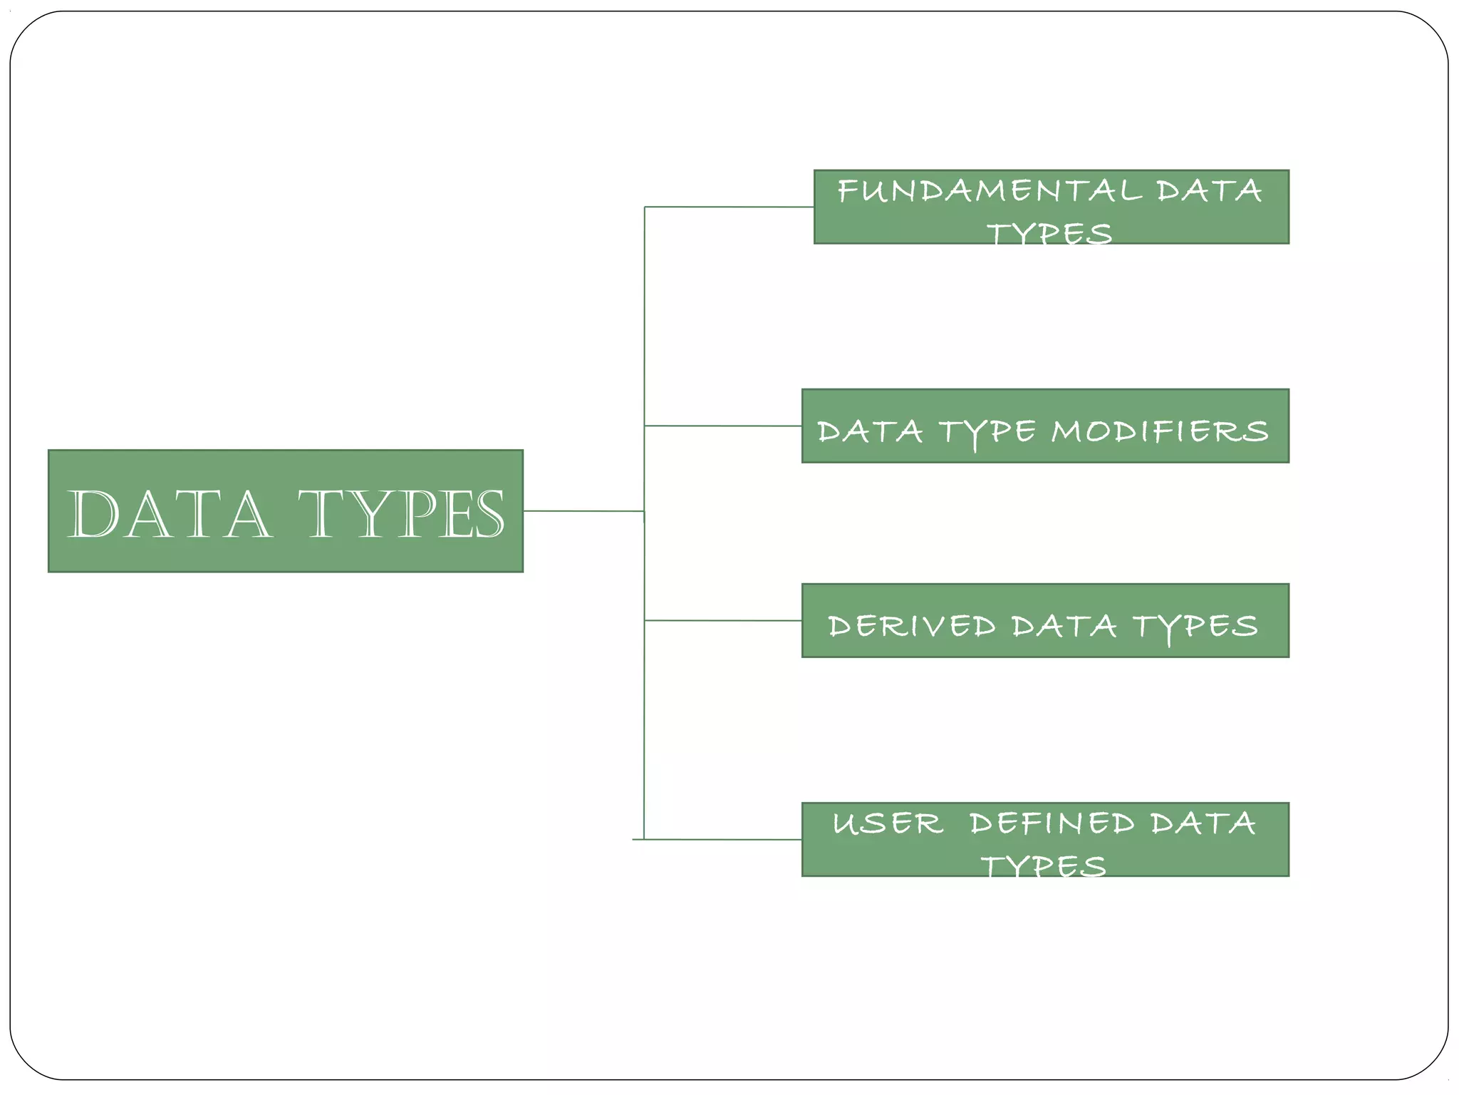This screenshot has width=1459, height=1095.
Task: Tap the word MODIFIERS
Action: [1160, 431]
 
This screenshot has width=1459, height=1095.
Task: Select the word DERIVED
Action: [912, 626]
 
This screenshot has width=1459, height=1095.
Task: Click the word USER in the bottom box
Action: [888, 823]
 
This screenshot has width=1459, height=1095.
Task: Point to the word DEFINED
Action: [1052, 823]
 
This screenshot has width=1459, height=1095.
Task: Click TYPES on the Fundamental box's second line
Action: [1049, 233]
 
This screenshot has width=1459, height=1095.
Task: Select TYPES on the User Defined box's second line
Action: [1044, 866]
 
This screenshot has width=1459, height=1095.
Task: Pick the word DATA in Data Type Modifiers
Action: [870, 432]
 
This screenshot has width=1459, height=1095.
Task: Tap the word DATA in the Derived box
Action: [1064, 626]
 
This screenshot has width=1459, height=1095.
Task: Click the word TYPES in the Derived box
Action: [1195, 627]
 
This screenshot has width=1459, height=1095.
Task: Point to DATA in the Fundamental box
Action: [1209, 191]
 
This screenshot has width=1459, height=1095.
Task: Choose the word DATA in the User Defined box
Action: [1203, 823]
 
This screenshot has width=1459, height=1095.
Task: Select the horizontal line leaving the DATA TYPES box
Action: [583, 510]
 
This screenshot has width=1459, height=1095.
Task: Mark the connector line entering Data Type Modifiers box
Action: [723, 426]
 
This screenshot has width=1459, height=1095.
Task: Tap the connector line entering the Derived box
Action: [723, 620]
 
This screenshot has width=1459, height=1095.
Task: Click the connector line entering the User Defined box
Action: [723, 839]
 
